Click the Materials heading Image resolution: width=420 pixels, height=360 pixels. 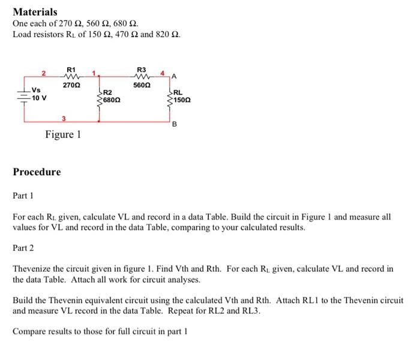[x=35, y=11]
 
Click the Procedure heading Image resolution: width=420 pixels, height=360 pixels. [x=37, y=172]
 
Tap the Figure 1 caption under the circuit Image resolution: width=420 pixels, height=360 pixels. [x=63, y=134]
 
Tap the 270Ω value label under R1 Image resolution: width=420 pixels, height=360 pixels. [x=71, y=85]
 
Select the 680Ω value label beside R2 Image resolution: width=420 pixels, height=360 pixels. [x=112, y=100]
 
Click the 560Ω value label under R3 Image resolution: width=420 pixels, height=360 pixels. [x=142, y=85]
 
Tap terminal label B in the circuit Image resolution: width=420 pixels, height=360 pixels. [x=175, y=125]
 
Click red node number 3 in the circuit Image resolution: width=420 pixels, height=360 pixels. [x=64, y=118]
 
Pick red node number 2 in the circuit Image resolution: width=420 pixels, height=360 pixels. [x=44, y=73]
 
